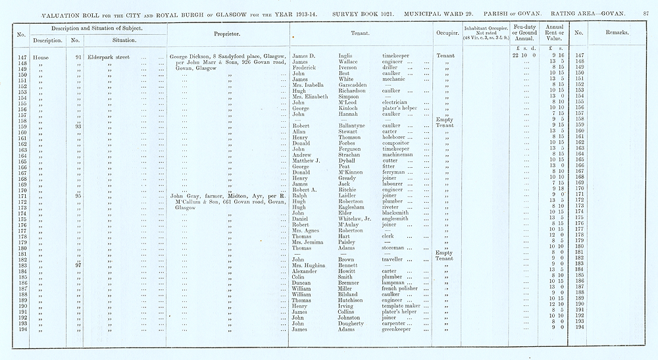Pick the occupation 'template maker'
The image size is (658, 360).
click(x=402, y=306)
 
